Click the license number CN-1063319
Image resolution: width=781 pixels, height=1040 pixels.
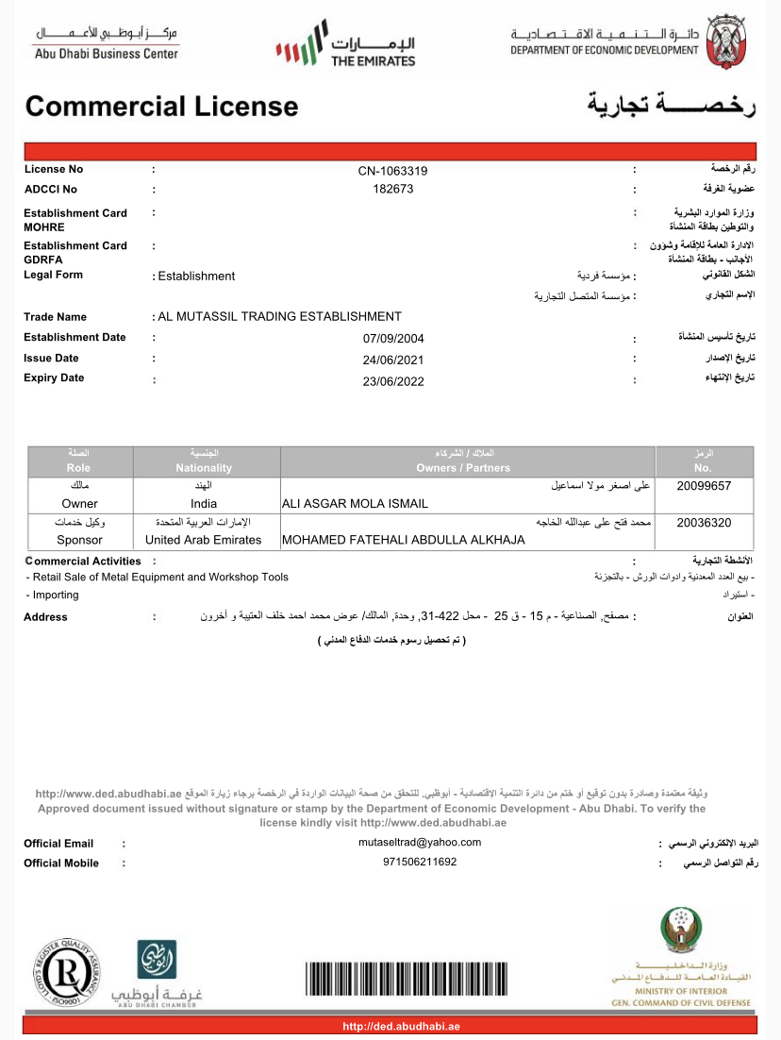pyautogui.click(x=392, y=171)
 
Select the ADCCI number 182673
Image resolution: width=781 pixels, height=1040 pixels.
pyautogui.click(x=392, y=189)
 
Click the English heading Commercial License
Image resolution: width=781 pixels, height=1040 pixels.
pyautogui.click(x=161, y=106)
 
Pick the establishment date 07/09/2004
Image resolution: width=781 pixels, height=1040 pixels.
pyautogui.click(x=393, y=338)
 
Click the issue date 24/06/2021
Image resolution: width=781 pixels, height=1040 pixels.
pyautogui.click(x=393, y=360)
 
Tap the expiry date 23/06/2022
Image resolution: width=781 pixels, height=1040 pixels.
pyautogui.click(x=393, y=381)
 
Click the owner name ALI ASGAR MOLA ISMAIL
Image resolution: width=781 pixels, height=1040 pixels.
pyautogui.click(x=356, y=504)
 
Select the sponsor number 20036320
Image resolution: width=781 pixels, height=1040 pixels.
pyautogui.click(x=704, y=522)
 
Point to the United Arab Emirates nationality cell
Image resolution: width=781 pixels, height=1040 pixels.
pyautogui.click(x=204, y=540)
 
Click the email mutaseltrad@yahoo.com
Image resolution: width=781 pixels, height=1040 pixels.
pyautogui.click(x=420, y=842)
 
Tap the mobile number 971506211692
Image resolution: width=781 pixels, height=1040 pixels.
pyautogui.click(x=420, y=862)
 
